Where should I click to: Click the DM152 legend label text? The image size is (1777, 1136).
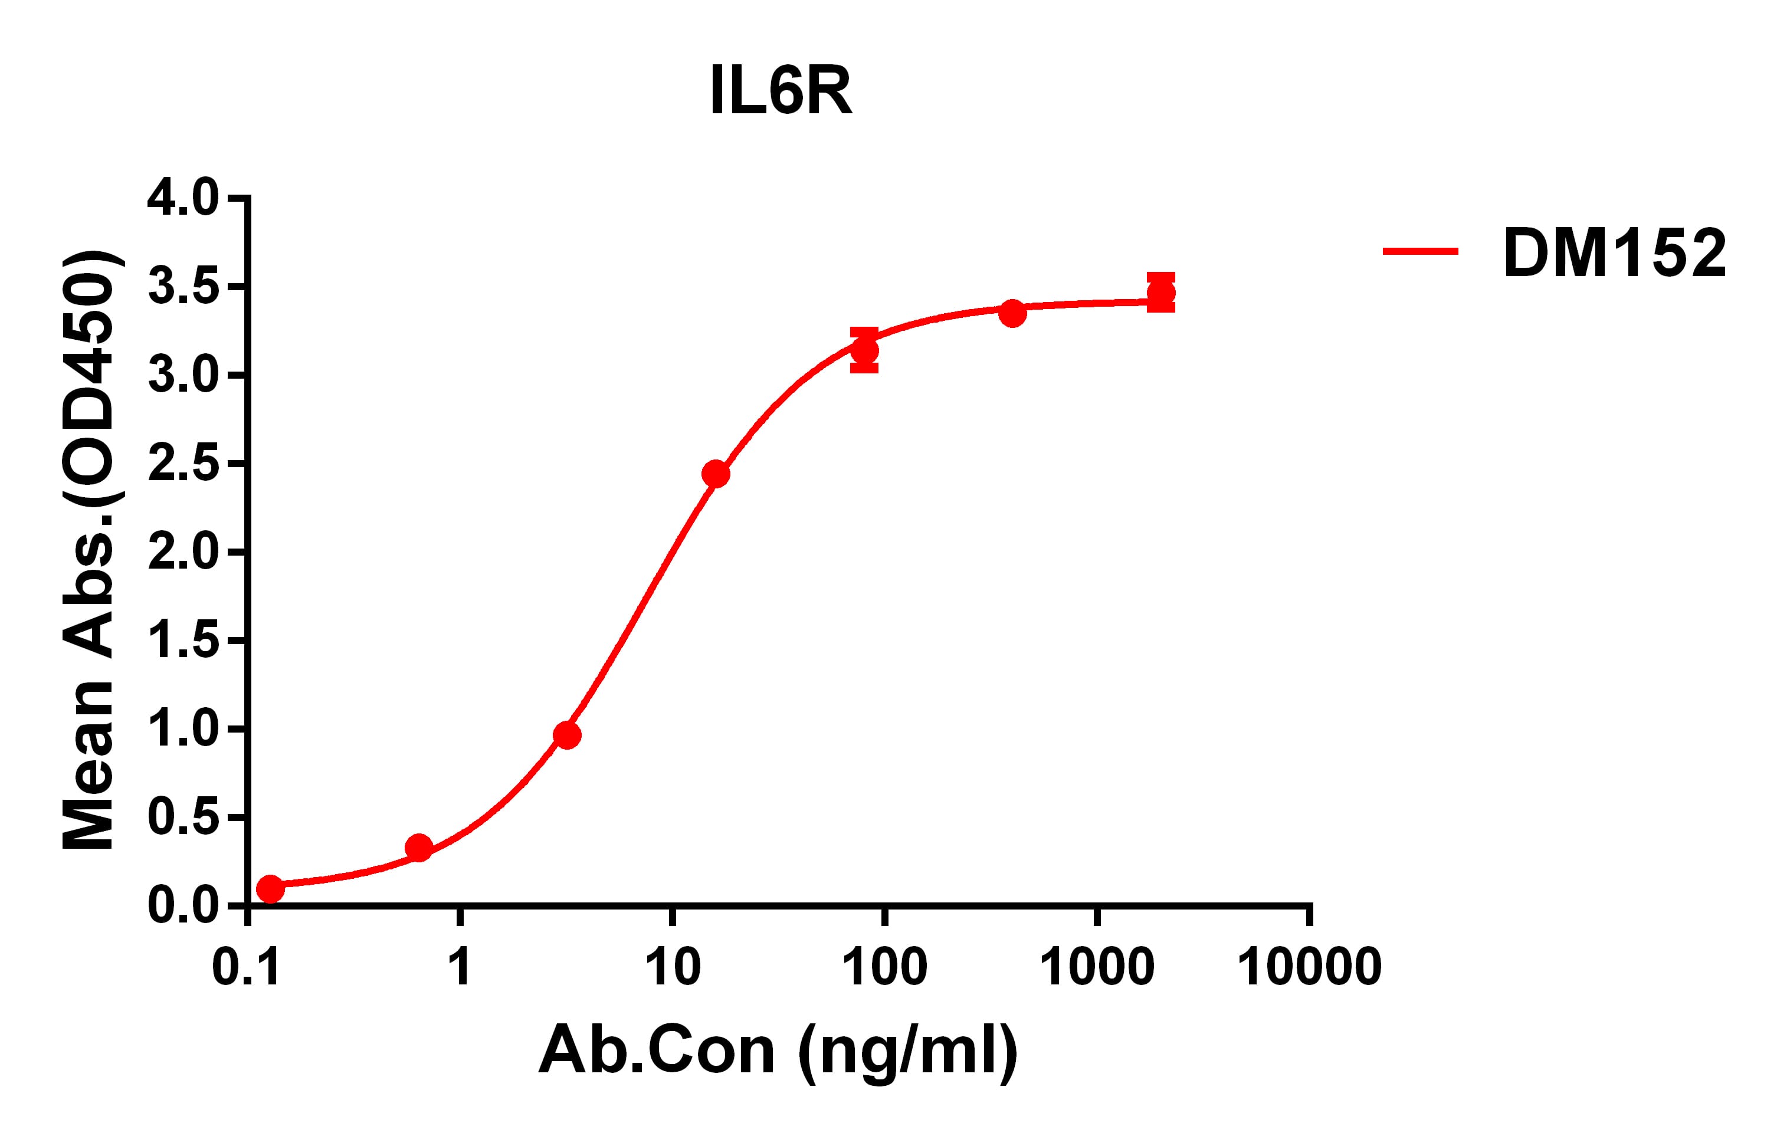tap(1615, 254)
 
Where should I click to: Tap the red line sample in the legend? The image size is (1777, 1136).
tap(1420, 251)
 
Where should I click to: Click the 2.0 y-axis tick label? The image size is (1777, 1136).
tap(183, 553)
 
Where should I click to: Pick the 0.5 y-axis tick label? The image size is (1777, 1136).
tap(183, 817)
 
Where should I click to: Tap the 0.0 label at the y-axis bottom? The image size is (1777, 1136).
tap(183, 906)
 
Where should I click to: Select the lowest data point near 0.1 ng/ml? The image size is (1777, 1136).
tap(270, 889)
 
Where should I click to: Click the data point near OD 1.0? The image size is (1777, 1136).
tap(567, 735)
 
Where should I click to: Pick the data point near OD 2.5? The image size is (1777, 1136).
tap(716, 474)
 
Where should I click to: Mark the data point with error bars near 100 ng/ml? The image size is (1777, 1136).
tap(864, 350)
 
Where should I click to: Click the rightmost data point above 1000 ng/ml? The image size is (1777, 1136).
tap(1161, 293)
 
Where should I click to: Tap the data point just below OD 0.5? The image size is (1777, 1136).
tap(418, 848)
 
